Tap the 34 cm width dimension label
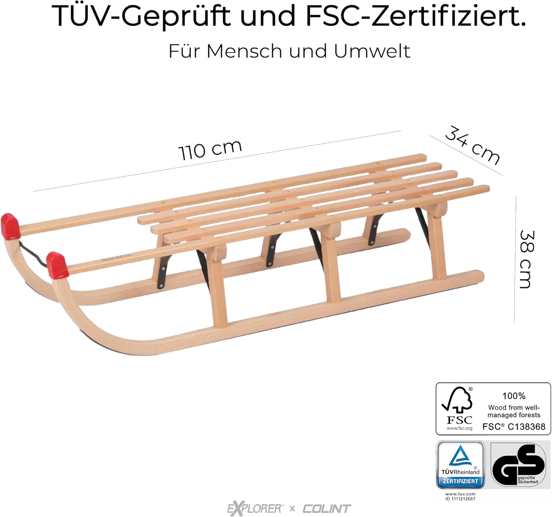[473, 145]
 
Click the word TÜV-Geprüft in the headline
[142, 15]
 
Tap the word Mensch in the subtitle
[245, 51]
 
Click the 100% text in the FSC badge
[514, 396]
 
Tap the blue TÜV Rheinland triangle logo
[460, 457]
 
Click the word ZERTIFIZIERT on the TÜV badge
[460, 481]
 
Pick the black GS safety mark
[518, 464]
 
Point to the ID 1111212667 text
[460, 499]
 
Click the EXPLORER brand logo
[255, 509]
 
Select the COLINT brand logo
[326, 509]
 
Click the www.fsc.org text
[460, 428]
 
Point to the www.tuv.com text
[460, 494]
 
